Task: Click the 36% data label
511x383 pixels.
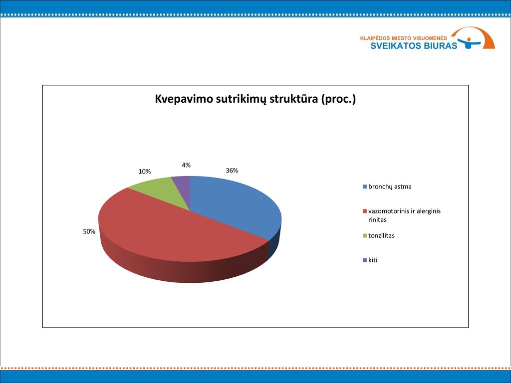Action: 232,171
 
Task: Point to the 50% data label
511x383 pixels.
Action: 89,231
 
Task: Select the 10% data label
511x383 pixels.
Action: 144,172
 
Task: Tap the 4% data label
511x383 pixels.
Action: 186,165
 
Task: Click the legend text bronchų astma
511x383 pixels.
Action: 390,187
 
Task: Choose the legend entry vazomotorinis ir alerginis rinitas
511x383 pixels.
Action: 404,215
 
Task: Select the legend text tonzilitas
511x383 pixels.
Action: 381,235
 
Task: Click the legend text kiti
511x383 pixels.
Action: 373,260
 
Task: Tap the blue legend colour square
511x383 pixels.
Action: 365,187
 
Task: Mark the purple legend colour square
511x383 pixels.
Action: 365,260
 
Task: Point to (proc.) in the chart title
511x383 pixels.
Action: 338,99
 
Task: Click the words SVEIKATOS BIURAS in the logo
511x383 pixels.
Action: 414,45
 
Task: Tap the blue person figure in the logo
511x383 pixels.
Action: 469,43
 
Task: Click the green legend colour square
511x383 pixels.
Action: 365,235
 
